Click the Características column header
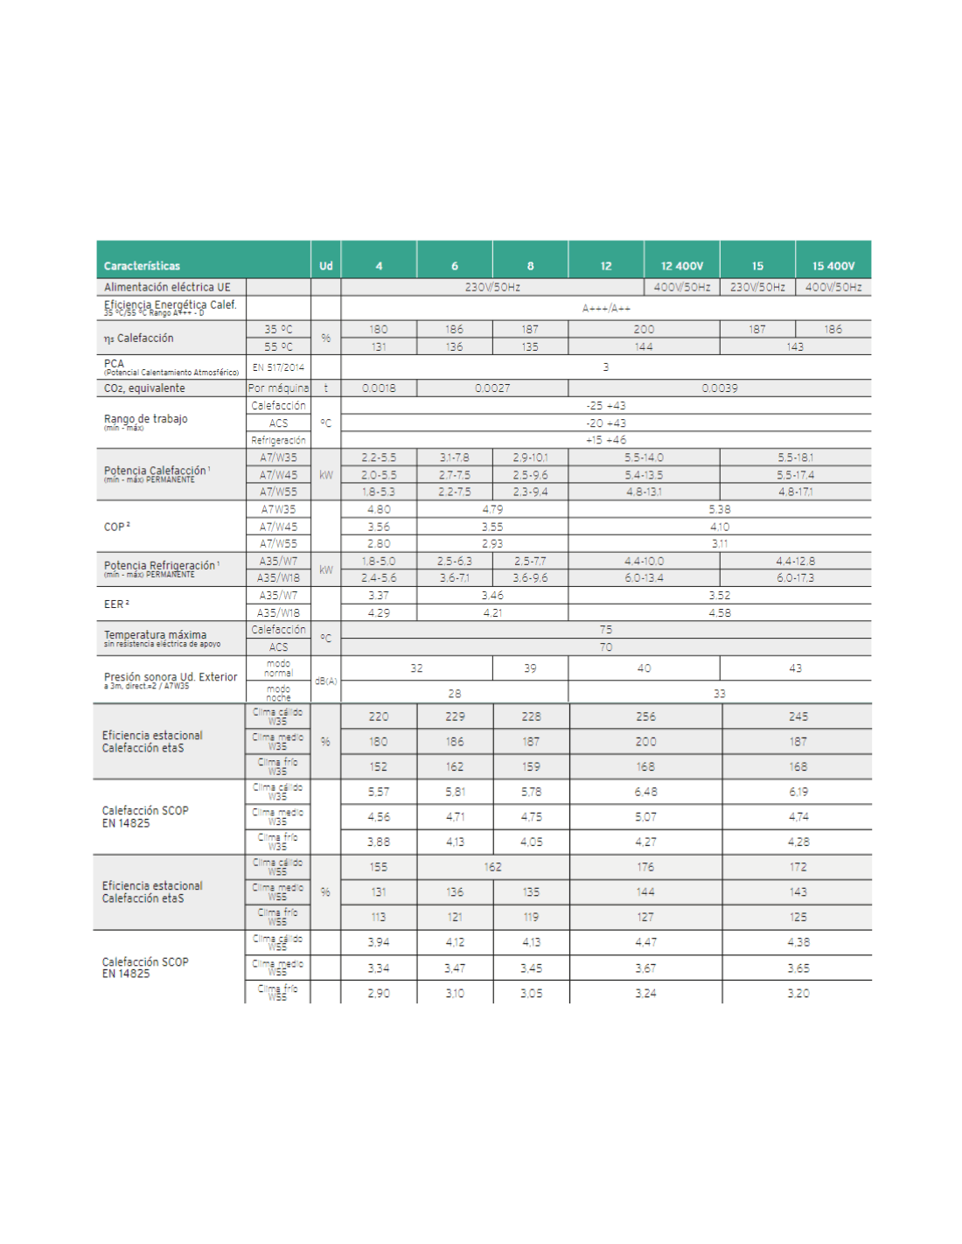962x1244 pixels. (x=142, y=266)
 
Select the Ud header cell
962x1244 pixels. (x=325, y=266)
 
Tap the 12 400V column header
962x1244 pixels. (x=682, y=266)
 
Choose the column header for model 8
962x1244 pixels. (x=530, y=266)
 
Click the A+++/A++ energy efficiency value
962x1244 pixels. (x=606, y=308)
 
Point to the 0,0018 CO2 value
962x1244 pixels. (x=379, y=388)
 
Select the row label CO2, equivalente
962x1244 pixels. (x=144, y=388)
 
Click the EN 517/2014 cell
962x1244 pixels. (x=278, y=367)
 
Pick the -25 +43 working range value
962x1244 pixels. (x=606, y=406)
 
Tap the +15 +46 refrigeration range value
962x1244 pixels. (x=606, y=440)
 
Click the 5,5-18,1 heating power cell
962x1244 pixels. (x=795, y=458)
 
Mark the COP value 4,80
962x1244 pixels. (x=379, y=509)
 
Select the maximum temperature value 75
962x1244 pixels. (x=606, y=630)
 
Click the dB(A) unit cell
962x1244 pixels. (x=325, y=681)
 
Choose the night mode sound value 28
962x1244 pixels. (x=455, y=694)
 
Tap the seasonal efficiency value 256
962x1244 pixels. (x=645, y=716)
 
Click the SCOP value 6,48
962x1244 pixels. (x=645, y=792)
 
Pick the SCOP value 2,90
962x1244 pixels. (x=379, y=994)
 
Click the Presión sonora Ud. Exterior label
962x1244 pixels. (x=171, y=677)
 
